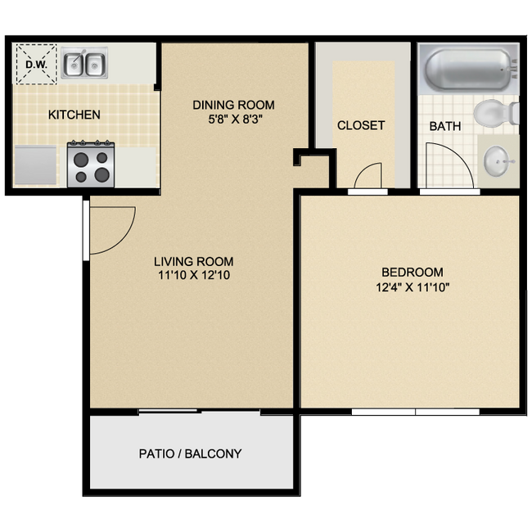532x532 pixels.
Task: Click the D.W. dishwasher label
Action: (x=35, y=63)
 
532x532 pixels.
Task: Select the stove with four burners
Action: (x=91, y=163)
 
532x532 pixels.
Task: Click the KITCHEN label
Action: (x=74, y=115)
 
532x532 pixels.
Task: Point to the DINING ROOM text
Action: (x=233, y=105)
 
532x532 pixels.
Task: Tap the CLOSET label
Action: (x=361, y=125)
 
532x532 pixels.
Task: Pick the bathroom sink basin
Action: (x=497, y=161)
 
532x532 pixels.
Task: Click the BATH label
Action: (x=445, y=126)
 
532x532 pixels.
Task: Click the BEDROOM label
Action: (x=413, y=272)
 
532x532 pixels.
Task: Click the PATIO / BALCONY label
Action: (x=190, y=453)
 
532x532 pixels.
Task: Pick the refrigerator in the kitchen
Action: (x=36, y=164)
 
